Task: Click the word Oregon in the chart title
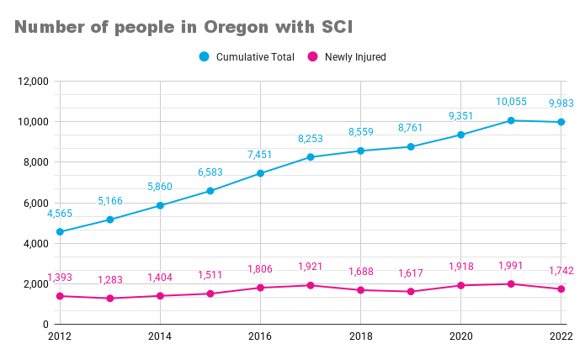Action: point(229,28)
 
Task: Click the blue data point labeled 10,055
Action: point(511,120)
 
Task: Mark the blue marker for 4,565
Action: point(60,231)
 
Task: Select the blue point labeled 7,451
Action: point(260,173)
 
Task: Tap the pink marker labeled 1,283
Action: point(110,299)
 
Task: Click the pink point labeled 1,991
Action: point(511,283)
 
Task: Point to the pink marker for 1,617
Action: point(411,292)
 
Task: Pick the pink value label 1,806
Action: point(260,269)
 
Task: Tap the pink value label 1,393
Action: point(60,278)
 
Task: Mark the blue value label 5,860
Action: point(160,188)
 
